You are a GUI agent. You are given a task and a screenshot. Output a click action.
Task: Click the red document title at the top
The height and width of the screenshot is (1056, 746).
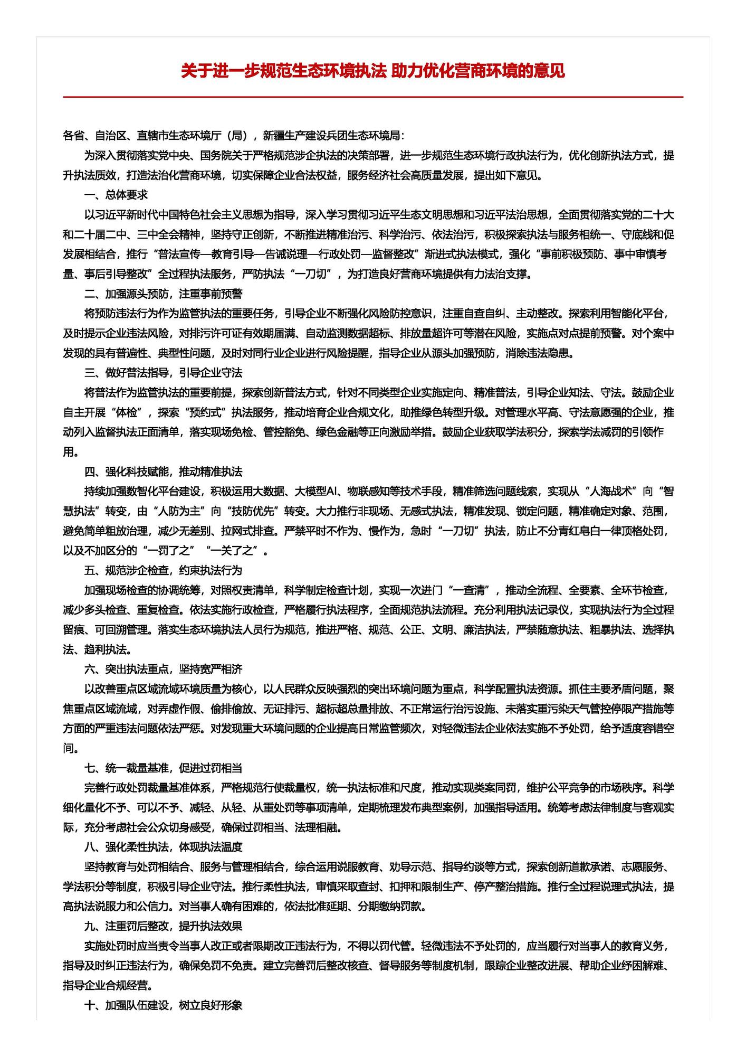[372, 71]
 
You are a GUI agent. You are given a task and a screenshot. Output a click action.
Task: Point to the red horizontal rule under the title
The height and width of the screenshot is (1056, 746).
[372, 97]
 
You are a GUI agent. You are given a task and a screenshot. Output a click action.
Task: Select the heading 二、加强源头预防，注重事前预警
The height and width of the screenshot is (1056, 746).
[163, 294]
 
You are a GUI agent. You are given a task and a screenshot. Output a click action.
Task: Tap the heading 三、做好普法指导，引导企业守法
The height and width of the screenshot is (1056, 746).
[163, 373]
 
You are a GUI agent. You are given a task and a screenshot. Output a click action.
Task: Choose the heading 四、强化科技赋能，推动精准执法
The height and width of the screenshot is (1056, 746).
[163, 472]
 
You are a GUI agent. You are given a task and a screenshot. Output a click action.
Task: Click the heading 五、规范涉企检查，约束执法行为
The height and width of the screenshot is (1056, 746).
[163, 570]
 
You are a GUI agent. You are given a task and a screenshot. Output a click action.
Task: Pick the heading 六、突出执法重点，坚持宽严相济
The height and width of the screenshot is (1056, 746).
[163, 669]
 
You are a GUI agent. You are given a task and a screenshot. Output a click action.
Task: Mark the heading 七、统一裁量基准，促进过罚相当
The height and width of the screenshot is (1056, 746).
[163, 768]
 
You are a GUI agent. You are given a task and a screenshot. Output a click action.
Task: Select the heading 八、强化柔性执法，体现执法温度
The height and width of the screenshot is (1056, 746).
[163, 847]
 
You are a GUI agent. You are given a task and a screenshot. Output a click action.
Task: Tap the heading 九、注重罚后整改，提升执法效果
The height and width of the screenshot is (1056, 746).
[163, 926]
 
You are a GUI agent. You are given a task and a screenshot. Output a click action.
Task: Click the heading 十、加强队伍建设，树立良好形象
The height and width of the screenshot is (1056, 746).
[163, 1005]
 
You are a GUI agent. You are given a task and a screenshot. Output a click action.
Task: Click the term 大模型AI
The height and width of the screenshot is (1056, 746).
[315, 492]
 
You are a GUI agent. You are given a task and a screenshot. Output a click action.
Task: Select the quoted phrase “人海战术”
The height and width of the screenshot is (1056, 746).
[606, 492]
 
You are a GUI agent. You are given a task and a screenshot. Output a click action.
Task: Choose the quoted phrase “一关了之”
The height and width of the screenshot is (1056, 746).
[233, 551]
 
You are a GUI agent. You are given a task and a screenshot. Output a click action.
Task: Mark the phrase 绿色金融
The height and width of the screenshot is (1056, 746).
[337, 432]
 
